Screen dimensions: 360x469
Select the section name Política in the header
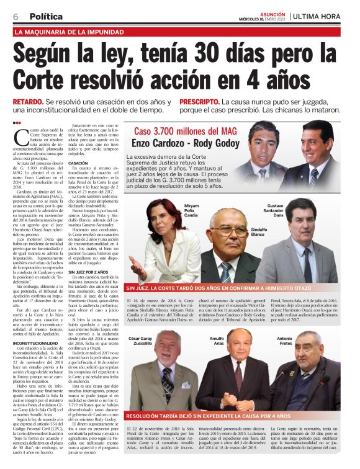point(47,16)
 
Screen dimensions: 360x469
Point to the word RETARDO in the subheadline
point(29,101)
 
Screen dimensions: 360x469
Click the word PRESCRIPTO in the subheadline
point(199,101)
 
